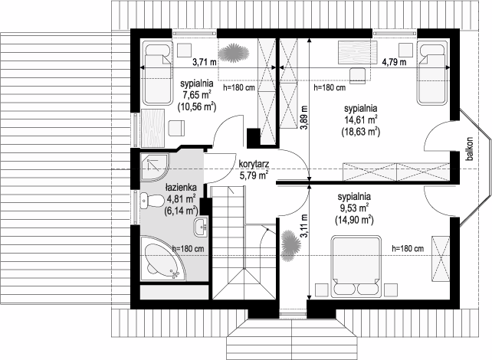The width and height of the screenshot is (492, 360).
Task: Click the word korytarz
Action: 253,165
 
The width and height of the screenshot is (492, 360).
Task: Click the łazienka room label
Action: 181,188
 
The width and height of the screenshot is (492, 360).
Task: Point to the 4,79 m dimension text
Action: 394,62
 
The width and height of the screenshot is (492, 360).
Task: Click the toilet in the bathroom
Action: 151,201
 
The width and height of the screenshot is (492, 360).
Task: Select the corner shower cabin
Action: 155,168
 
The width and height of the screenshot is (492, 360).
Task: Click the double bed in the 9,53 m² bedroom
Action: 356,267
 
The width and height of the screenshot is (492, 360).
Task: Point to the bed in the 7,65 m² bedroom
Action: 158,73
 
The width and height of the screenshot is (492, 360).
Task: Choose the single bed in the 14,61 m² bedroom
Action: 432,73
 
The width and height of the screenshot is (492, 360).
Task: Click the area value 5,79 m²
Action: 254,175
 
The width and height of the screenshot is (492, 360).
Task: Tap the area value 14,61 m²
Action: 361,120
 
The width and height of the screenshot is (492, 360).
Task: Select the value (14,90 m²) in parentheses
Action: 354,220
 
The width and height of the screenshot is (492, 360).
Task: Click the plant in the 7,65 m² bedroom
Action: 234,52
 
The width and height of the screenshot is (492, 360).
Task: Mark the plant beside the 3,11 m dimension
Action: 291,246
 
